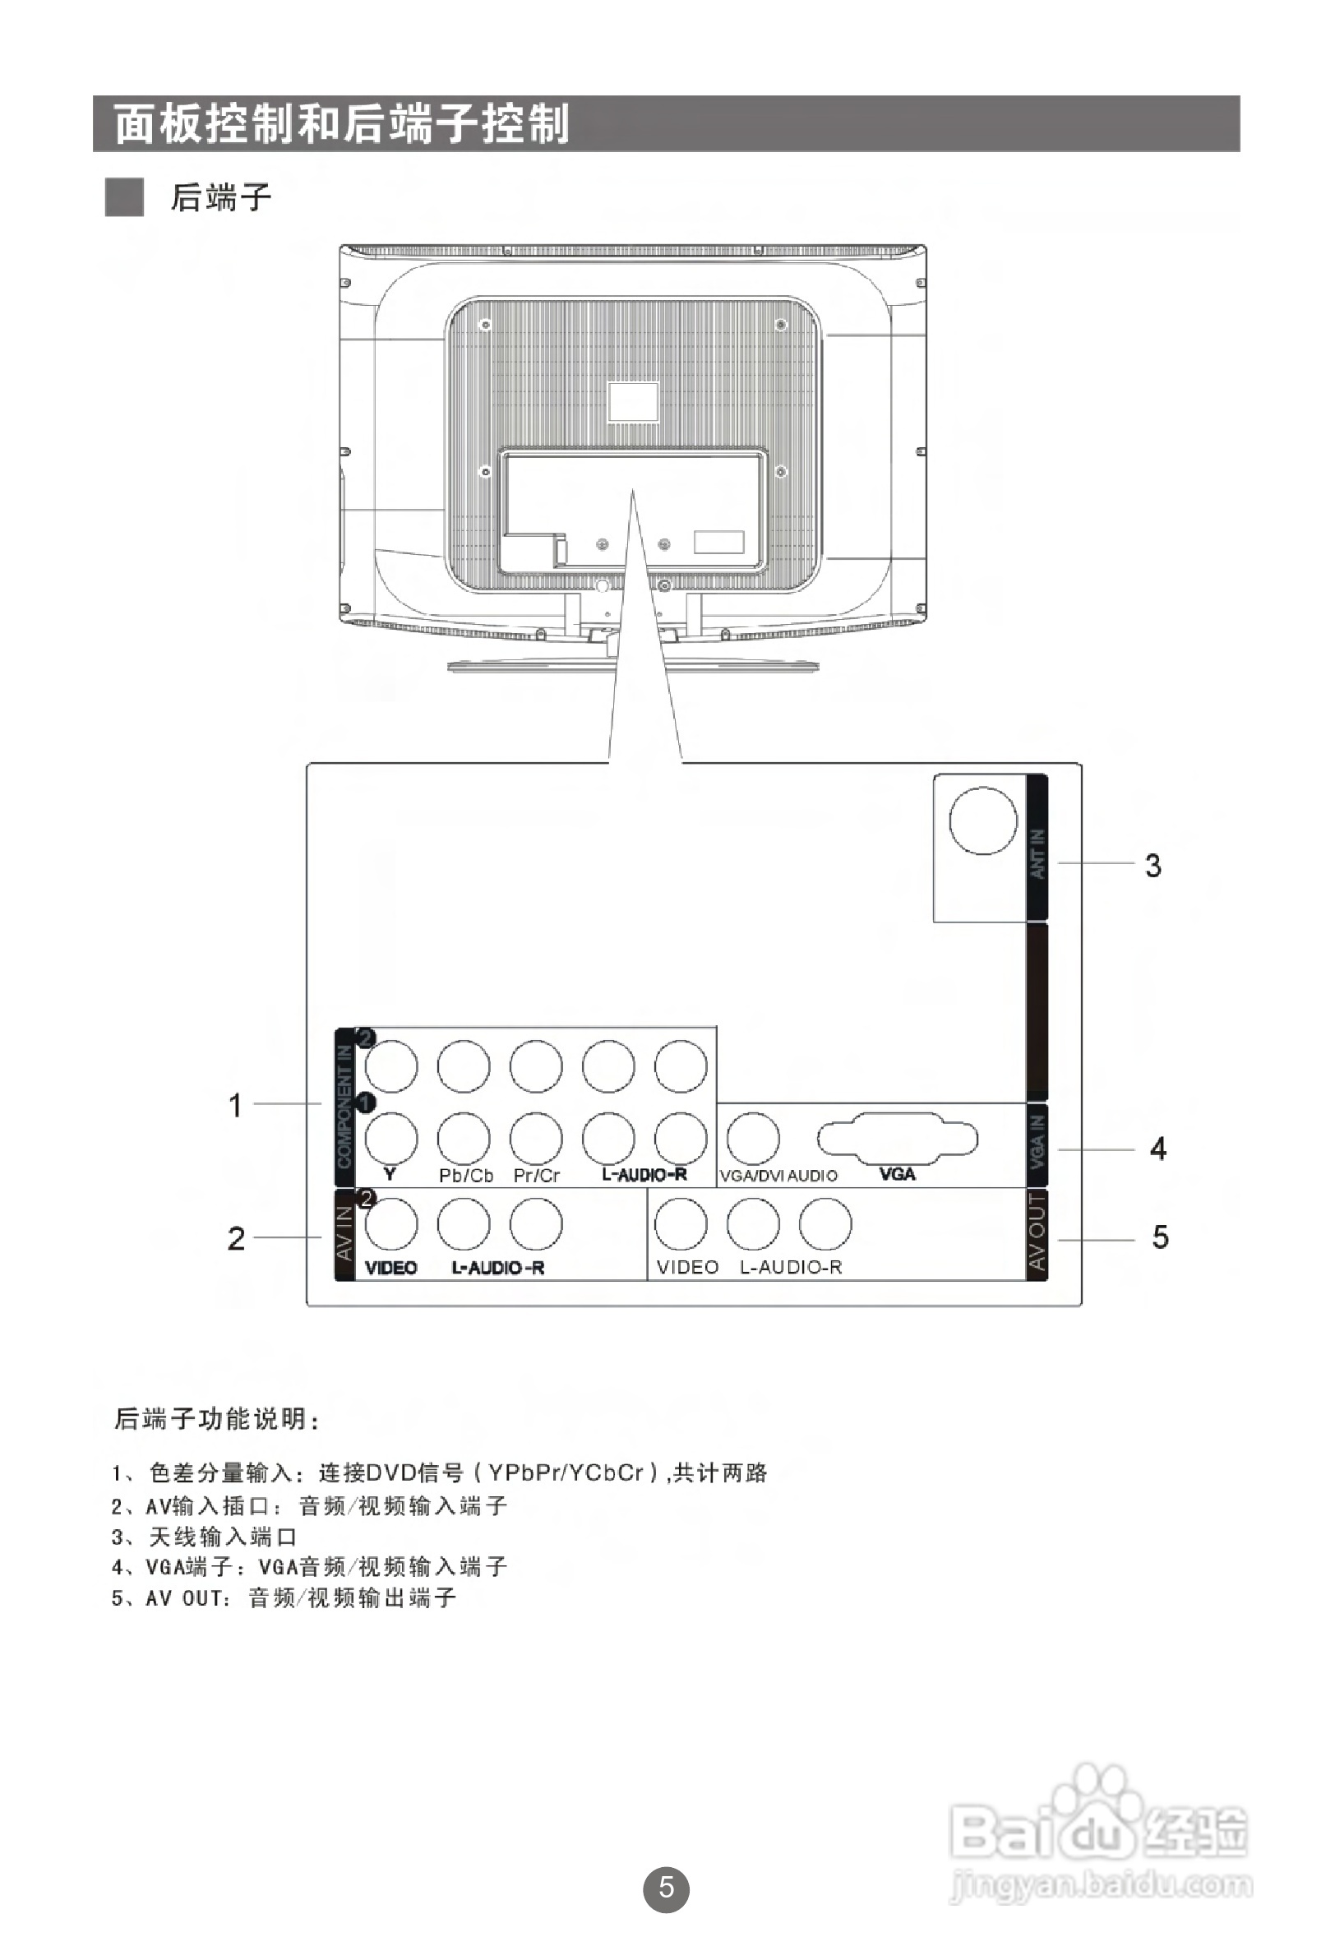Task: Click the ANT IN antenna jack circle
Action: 982,820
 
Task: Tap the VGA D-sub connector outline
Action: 898,1138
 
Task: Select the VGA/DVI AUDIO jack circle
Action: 753,1138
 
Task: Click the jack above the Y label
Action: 391,1138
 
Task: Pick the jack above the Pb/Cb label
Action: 464,1138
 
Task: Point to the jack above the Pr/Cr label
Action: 536,1138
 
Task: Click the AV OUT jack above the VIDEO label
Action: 681,1223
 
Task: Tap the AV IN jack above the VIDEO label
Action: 391,1223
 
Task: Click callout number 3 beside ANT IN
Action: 1153,865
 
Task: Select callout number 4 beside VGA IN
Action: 1158,1149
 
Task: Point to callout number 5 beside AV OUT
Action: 1161,1237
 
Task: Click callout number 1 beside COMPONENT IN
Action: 235,1105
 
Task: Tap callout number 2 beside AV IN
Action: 236,1238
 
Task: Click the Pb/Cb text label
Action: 465,1176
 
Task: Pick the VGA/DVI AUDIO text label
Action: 778,1176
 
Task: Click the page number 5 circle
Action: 666,1887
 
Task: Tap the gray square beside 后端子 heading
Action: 124,197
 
